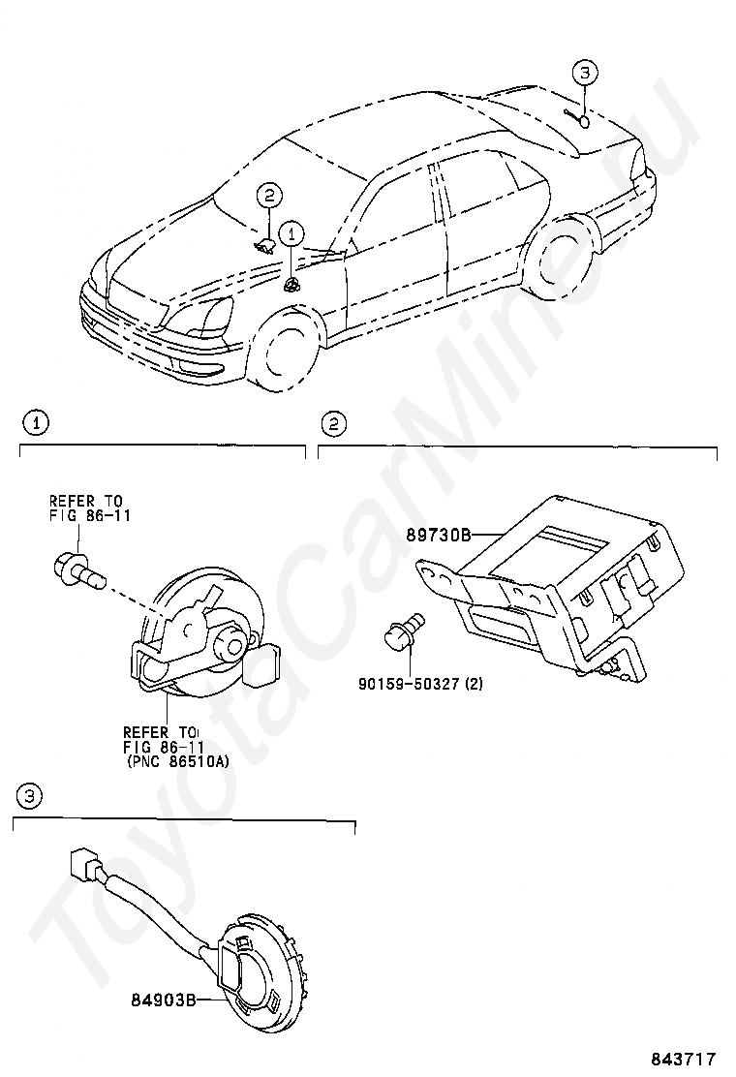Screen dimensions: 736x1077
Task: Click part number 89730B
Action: (438, 534)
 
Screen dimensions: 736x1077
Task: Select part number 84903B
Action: (162, 1000)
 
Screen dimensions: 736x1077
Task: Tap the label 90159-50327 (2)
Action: (420, 684)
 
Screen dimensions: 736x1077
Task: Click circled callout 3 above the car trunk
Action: (584, 72)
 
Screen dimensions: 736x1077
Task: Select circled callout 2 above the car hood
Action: (270, 196)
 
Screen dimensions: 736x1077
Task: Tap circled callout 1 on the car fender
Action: (291, 234)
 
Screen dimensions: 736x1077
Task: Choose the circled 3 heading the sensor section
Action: (29, 796)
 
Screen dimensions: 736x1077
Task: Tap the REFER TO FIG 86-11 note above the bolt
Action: (89, 508)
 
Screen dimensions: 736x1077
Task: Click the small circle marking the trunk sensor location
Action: (583, 123)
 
